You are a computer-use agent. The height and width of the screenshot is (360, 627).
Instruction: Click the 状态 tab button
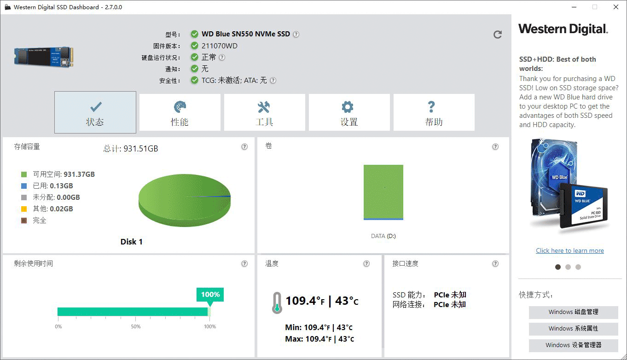95,112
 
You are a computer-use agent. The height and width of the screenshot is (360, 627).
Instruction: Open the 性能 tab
180,112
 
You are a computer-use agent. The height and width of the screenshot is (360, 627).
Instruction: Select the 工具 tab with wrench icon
264,112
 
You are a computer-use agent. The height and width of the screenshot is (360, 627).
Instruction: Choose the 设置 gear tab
349,112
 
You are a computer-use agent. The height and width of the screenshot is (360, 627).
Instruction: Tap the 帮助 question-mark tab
434,112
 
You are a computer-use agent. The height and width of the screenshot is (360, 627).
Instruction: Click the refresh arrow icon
498,35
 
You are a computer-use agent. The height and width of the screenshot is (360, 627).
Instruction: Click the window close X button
616,7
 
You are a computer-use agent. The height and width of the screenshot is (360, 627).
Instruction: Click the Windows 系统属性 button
573,328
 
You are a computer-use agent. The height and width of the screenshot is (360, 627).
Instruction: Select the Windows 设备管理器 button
573,345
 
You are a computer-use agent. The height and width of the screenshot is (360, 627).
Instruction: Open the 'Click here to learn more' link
570,250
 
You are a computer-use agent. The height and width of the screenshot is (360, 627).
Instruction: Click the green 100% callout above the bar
210,295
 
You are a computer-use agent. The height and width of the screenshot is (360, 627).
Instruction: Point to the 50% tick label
136,326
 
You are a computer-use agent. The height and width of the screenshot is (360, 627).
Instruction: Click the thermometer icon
277,302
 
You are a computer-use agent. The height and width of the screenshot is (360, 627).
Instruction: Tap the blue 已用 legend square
24,186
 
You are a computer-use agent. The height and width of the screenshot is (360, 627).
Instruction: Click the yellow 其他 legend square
24,209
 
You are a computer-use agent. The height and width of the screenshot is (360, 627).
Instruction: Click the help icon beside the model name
296,34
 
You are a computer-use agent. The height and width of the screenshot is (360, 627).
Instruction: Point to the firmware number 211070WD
220,46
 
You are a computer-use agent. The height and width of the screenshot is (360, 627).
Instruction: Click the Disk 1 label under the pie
132,242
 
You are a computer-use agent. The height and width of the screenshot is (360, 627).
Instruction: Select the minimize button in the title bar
575,7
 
